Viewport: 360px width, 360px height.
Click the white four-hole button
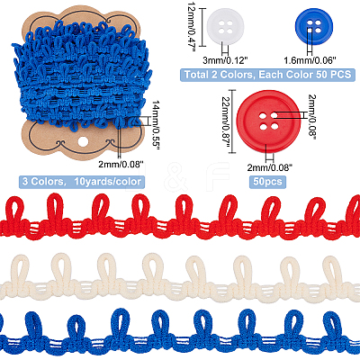pyautogui.click(x=226, y=26)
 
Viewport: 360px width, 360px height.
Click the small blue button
pyautogui.click(x=313, y=26)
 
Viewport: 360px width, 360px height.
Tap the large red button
pyautogui.click(x=268, y=121)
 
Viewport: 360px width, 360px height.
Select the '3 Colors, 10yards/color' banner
pyautogui.click(x=82, y=182)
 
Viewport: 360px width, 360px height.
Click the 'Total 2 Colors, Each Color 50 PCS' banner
pyautogui.click(x=267, y=75)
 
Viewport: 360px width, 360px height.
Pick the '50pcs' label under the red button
pyautogui.click(x=268, y=182)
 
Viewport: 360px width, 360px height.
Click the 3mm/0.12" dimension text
pyautogui.click(x=225, y=60)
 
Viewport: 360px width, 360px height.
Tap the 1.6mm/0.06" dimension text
pyautogui.click(x=309, y=60)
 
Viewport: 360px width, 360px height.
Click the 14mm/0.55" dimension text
pyautogui.click(x=156, y=125)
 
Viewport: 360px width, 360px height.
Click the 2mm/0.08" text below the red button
pyautogui.click(x=270, y=166)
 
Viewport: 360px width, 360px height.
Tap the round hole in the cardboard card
pyautogui.click(x=82, y=142)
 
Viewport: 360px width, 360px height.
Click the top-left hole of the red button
pyautogui.click(x=264, y=115)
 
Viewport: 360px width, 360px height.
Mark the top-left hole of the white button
pyautogui.click(x=222, y=23)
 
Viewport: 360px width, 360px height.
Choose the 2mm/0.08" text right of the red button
pyautogui.click(x=312, y=115)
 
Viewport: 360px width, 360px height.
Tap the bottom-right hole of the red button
pyautogui.click(x=274, y=127)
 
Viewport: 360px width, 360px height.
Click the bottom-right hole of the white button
pyautogui.click(x=229, y=31)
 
